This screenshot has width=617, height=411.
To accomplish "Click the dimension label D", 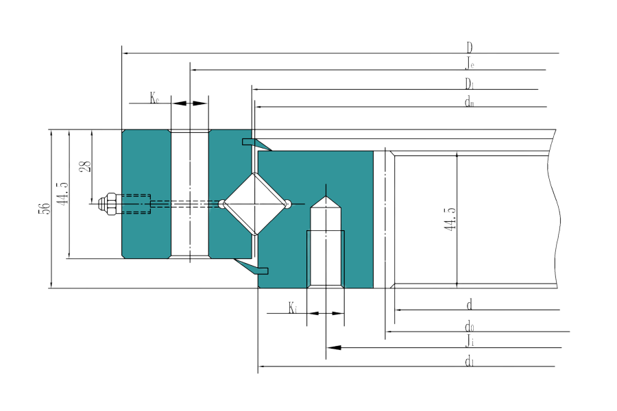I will pyautogui.click(x=470, y=47).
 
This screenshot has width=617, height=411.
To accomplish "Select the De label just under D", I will pyautogui.click(x=470, y=64).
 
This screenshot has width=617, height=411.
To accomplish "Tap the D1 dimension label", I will pyautogui.click(x=470, y=84).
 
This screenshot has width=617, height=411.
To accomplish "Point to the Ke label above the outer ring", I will pyautogui.click(x=156, y=97).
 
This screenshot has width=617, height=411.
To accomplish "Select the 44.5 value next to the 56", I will pyautogui.click(x=62, y=194).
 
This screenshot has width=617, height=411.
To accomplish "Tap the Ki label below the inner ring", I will pyautogui.click(x=293, y=308).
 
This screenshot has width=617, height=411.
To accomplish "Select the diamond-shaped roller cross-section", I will pyautogui.click(x=255, y=203).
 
